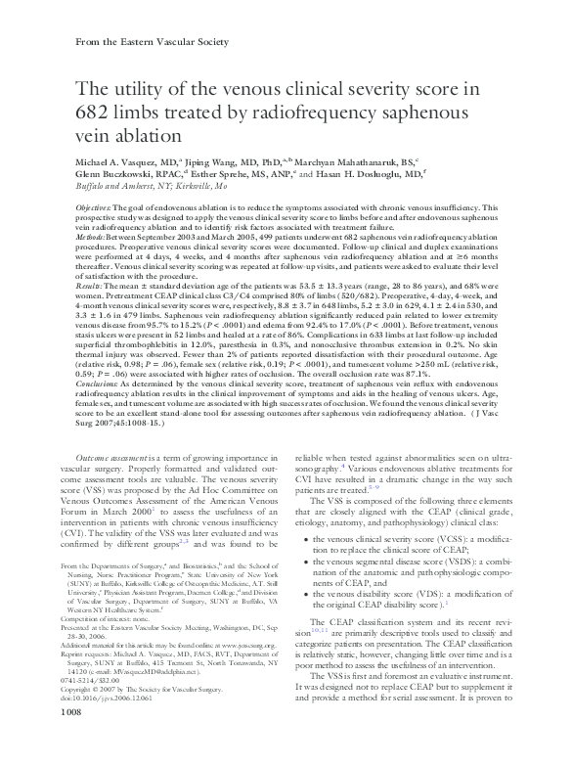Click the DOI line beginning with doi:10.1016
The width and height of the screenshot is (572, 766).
pos(107,727)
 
